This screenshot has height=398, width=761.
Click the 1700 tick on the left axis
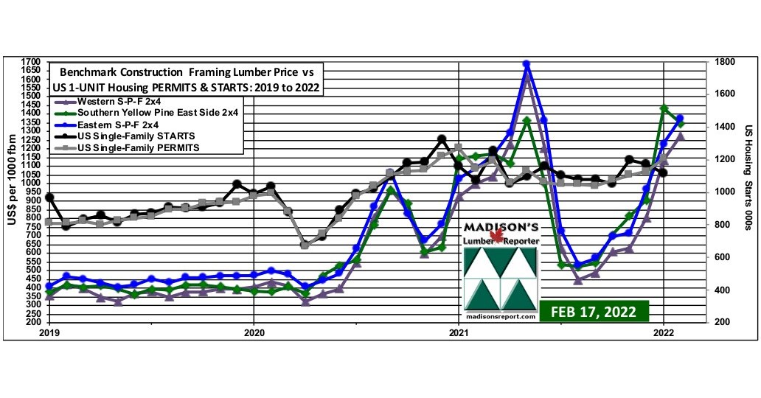point(31,61)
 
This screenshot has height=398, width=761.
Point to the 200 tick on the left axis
point(33,322)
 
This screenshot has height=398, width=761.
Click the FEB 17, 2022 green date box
point(593,310)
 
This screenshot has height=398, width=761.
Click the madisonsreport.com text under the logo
point(501,315)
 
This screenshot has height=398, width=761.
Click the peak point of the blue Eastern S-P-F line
point(527,64)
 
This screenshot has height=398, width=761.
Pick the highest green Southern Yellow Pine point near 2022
point(664,108)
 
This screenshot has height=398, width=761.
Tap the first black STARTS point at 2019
point(49,198)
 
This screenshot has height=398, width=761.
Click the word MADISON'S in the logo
point(501,225)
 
